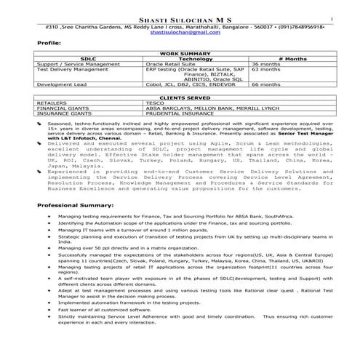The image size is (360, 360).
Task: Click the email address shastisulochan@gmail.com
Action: pos(180,33)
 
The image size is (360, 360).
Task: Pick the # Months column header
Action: pos(289,59)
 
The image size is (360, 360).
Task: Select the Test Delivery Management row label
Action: pos(68,70)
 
